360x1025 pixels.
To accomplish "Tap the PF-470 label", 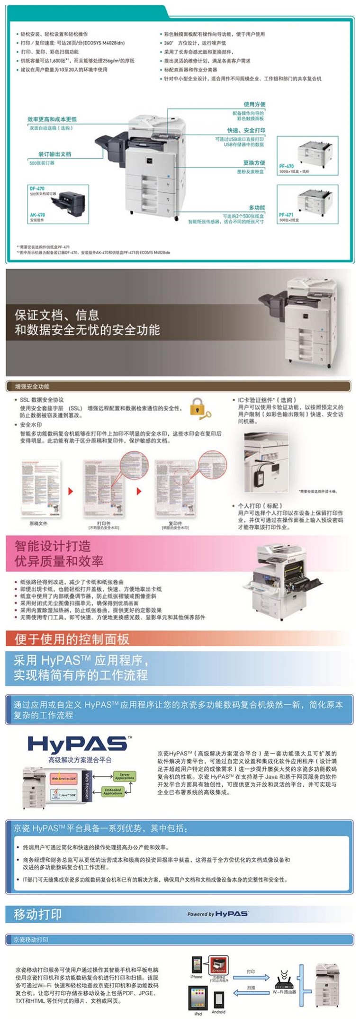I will pos(286,166).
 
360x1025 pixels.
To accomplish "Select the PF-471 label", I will pos(286,215).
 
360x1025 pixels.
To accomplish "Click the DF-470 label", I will pos(37,189).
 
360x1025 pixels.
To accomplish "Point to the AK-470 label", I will pos(37,215).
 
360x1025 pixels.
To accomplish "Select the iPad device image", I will pos(198,998).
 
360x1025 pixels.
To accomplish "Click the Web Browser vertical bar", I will pos(87,785).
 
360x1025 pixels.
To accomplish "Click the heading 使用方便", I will pos(254,104).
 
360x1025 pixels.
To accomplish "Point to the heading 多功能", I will pos(257,207).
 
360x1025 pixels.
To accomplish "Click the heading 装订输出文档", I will pos(55,154).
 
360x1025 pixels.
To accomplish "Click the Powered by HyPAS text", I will pos(217,914).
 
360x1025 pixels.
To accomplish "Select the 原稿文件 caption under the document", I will pos(38,523).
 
